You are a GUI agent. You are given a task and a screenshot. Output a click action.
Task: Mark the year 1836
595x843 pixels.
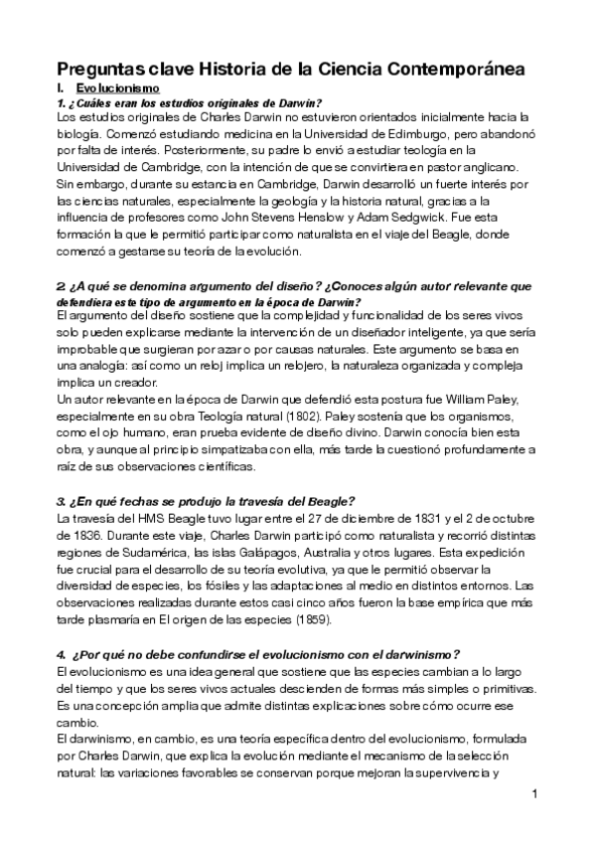point(76,536)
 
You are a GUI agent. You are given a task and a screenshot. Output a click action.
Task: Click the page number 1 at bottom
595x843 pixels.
point(535,794)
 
